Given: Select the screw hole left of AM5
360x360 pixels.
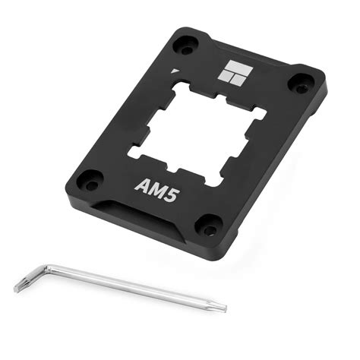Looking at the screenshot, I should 90,181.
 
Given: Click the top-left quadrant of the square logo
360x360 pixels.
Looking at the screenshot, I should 226,65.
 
